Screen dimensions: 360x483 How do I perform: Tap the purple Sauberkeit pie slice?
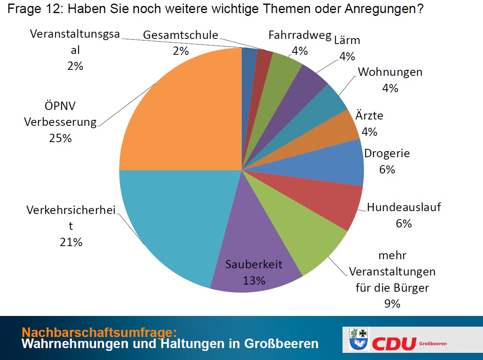click(x=254, y=254)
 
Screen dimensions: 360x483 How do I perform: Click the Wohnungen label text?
click(x=390, y=72)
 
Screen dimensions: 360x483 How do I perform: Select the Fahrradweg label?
click(x=300, y=35)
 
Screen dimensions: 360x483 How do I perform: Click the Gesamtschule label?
click(x=181, y=35)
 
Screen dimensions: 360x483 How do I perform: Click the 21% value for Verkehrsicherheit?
click(x=71, y=242)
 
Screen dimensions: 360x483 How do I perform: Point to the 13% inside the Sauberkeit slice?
click(x=254, y=281)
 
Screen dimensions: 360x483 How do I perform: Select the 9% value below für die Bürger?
click(x=392, y=304)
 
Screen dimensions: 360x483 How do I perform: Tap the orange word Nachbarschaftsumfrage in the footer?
click(x=99, y=332)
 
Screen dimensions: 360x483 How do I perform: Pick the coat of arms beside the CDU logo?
click(x=359, y=339)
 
